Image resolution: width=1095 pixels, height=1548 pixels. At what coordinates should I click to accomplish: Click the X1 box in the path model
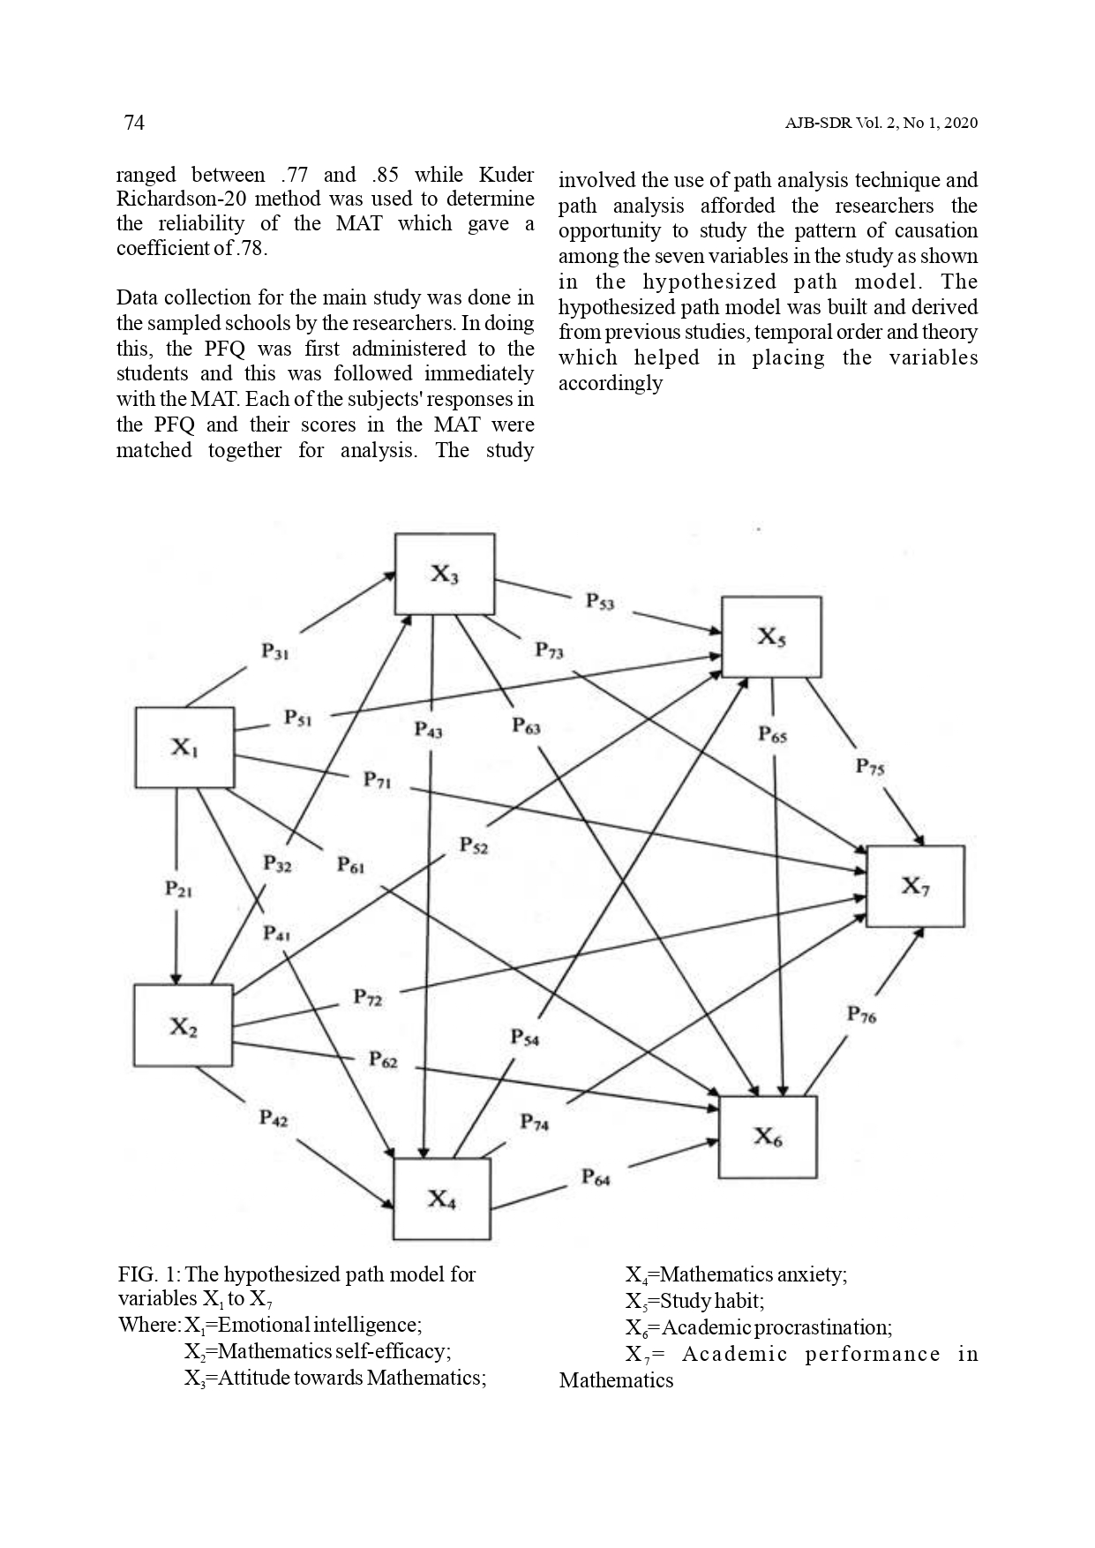pyautogui.click(x=184, y=748)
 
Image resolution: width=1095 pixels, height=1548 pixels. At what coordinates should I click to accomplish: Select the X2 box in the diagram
pyautogui.click(x=183, y=1026)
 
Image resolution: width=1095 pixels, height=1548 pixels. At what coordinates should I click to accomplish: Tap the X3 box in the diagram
pyautogui.click(x=444, y=574)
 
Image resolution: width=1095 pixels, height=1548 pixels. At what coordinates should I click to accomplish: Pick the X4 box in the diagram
pyautogui.click(x=441, y=1199)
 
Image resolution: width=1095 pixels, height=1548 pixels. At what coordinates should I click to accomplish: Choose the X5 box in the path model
pyautogui.click(x=771, y=636)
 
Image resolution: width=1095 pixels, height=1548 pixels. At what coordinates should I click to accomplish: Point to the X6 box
pyautogui.click(x=768, y=1137)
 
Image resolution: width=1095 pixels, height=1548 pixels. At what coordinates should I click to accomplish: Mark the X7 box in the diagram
pyautogui.click(x=915, y=886)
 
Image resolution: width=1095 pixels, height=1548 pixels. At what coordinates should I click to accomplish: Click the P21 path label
pyautogui.click(x=178, y=889)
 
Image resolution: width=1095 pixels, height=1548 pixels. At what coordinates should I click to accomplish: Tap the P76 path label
pyautogui.click(x=861, y=1015)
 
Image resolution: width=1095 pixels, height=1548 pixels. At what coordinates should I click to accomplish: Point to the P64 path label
pyautogui.click(x=595, y=1177)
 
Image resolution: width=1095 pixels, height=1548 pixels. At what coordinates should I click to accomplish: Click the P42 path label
pyautogui.click(x=273, y=1118)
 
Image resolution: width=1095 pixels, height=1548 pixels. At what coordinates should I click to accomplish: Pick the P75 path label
pyautogui.click(x=869, y=767)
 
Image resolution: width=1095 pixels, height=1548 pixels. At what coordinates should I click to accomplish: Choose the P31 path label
pyautogui.click(x=275, y=651)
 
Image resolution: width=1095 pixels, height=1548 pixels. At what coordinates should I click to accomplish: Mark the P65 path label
pyautogui.click(x=773, y=735)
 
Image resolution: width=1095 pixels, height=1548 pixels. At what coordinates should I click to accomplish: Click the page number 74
pyautogui.click(x=134, y=123)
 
